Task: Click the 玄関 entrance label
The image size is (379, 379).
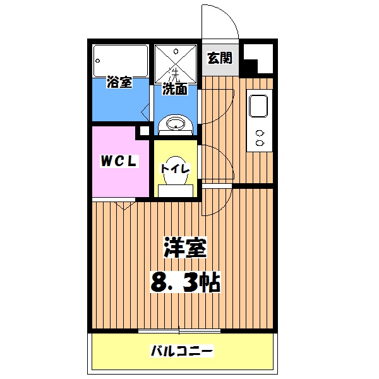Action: click(x=219, y=58)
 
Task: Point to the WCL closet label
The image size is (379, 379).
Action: click(x=117, y=161)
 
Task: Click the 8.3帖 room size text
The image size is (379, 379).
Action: click(x=184, y=281)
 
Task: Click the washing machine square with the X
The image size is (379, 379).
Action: click(x=176, y=61)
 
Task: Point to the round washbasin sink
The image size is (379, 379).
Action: click(x=174, y=124)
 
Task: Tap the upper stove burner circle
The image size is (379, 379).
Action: click(x=259, y=133)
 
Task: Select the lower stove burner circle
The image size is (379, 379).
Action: click(x=259, y=143)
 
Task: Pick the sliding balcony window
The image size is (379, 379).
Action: click(x=179, y=330)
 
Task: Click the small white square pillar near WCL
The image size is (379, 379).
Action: click(x=144, y=131)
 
